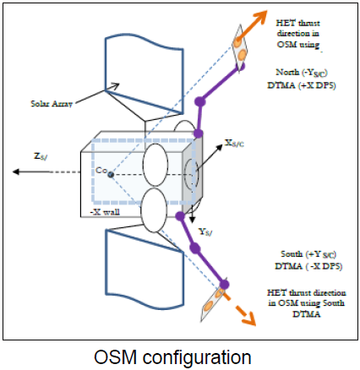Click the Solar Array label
click(x=52, y=104)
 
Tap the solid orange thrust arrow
click(x=251, y=24)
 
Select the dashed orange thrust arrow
click(x=239, y=309)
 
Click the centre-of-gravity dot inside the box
click(x=111, y=175)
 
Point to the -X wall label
click(x=106, y=212)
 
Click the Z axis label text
click(x=41, y=156)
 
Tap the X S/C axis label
click(x=234, y=144)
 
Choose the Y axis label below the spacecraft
click(x=205, y=232)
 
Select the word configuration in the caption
click(x=197, y=358)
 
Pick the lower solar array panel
click(x=145, y=269)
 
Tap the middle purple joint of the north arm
click(x=200, y=101)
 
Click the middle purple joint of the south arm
click(x=195, y=248)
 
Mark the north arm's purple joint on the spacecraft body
click(x=198, y=133)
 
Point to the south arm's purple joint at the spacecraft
click(x=180, y=216)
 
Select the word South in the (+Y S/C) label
click(x=292, y=254)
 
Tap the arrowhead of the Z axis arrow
click(x=16, y=171)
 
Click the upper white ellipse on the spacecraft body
click(x=155, y=165)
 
